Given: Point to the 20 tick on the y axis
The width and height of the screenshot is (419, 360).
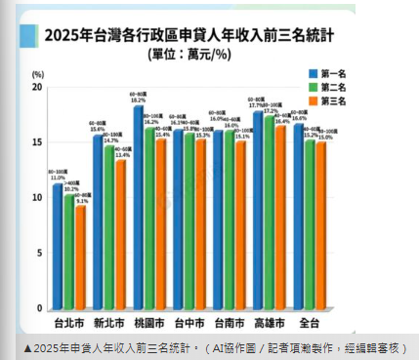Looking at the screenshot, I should click(36, 87).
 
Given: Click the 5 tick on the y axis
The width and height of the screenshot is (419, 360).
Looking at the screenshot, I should click(38, 253).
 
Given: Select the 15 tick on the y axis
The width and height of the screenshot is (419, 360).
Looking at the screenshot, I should click(36, 142).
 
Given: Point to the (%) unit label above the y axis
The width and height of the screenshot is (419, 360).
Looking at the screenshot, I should click(37, 74).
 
